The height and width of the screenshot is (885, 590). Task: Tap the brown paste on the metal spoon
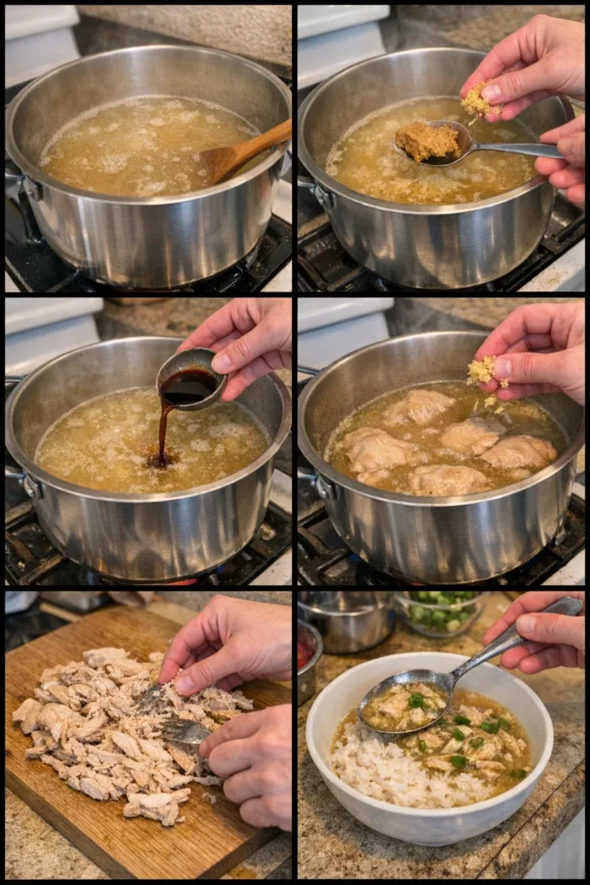(428, 141)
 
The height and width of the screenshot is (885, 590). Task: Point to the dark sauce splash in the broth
(161, 458)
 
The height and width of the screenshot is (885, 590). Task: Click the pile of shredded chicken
(95, 726)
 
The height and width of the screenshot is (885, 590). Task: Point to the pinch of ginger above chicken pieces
(482, 371)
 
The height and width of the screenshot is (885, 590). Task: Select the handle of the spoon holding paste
(518, 149)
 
